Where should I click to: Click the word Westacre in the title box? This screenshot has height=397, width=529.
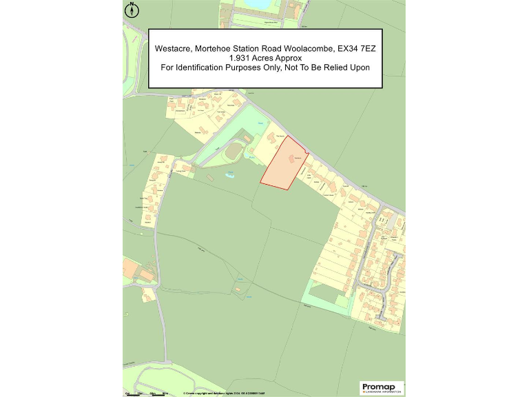coord(174,49)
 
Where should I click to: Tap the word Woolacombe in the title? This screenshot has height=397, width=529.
coord(302,49)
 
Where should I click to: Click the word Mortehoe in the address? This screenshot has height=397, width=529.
coord(217,49)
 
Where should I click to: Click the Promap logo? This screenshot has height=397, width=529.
coord(378,387)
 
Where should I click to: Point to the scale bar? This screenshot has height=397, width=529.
coord(147,393)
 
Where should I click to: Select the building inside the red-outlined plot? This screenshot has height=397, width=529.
coord(292,158)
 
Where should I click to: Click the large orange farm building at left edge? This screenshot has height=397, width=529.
coord(128,265)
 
